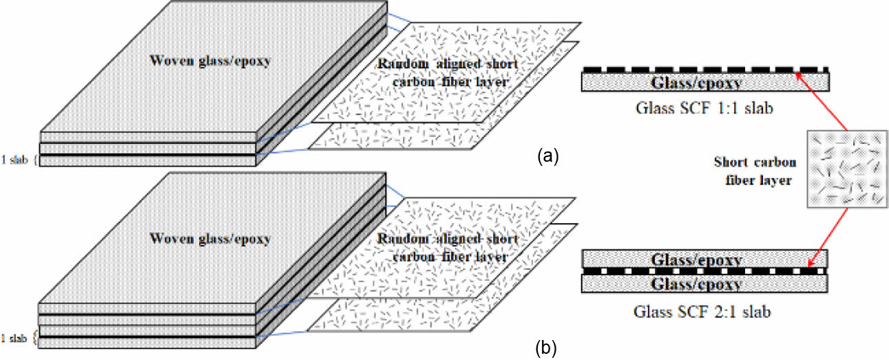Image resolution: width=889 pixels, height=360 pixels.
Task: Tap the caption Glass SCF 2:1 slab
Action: point(705,311)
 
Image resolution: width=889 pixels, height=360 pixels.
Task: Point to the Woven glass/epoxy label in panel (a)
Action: point(209,60)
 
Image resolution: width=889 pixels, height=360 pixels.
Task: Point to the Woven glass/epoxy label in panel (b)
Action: point(209,240)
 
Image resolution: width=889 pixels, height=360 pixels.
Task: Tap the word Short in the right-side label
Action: point(733,162)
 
